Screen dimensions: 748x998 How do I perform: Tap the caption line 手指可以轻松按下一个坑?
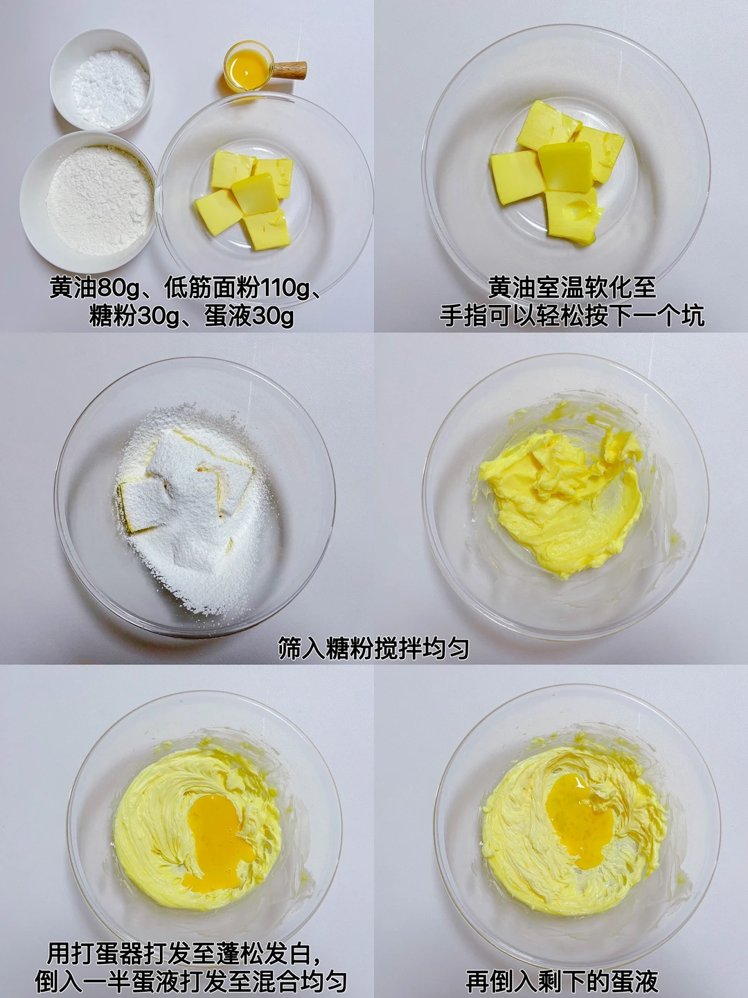coord(572,317)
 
